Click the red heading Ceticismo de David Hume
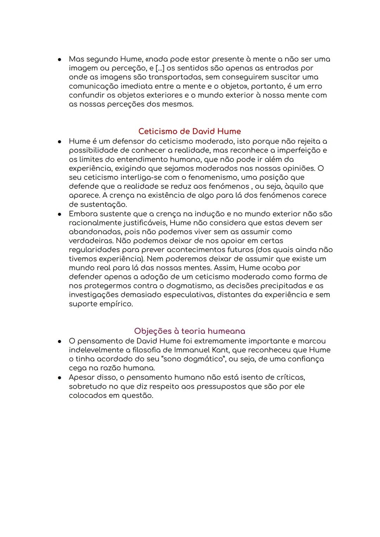(x=189, y=131)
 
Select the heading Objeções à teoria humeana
(x=189, y=331)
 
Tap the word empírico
(x=115, y=304)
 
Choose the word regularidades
(x=94, y=250)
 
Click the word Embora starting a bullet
(x=82, y=214)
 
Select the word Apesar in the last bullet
(x=82, y=377)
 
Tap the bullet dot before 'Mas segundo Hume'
(x=60, y=59)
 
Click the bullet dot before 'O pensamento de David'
(x=60, y=341)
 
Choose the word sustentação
(x=98, y=205)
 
